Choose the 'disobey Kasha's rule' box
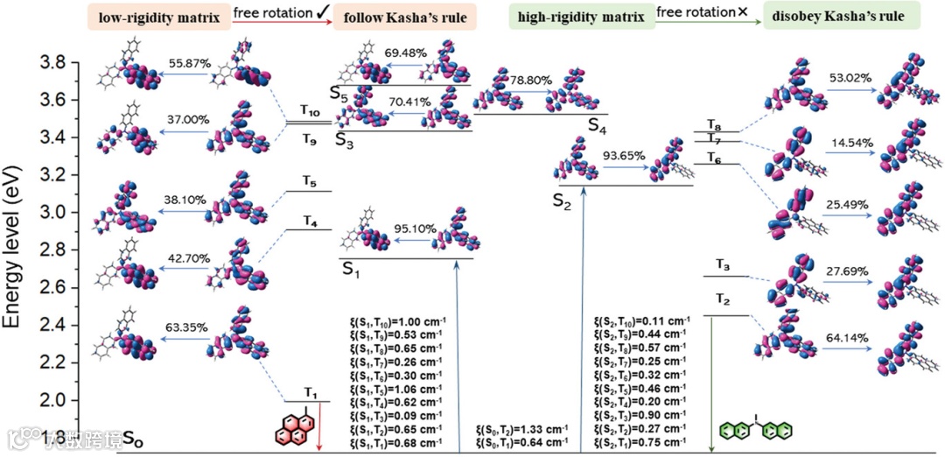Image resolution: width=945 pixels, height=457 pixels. pos(832,17)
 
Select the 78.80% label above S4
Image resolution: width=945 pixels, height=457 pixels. pos(531,80)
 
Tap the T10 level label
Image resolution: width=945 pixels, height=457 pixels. pos(310,110)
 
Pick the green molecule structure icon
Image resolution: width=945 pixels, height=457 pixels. pos(755,430)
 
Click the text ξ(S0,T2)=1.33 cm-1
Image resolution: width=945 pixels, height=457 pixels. pos(521,430)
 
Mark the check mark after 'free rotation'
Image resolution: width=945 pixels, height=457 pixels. pos(323,12)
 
